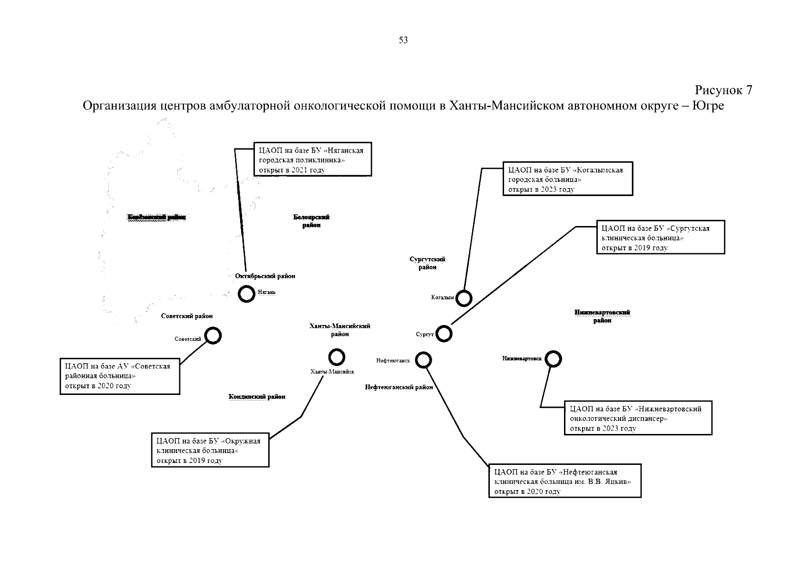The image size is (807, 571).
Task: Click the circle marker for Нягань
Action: pyautogui.click(x=246, y=294)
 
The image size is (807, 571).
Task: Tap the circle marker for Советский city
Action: pyautogui.click(x=213, y=335)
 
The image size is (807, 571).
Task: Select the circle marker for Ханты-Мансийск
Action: pyautogui.click(x=337, y=357)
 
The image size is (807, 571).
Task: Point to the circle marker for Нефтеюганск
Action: pyautogui.click(x=423, y=360)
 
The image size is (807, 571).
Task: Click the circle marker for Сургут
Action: pyautogui.click(x=444, y=334)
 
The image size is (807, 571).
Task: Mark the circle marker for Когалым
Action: pyautogui.click(x=464, y=298)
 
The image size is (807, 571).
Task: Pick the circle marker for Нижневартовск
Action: pyautogui.click(x=553, y=359)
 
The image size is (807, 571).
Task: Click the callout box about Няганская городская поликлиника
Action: pyautogui.click(x=312, y=159)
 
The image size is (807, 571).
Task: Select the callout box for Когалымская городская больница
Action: pyautogui.click(x=568, y=179)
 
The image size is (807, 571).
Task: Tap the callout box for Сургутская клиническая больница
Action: pyautogui.click(x=661, y=237)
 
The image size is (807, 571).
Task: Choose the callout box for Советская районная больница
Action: pyautogui.click(x=120, y=376)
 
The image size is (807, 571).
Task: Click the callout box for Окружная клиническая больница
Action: pyautogui.click(x=210, y=450)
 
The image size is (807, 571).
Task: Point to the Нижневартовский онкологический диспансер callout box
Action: pyautogui.click(x=638, y=418)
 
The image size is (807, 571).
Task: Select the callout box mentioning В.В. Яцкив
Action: pyautogui.click(x=565, y=481)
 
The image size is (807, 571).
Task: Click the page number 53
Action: pyautogui.click(x=403, y=40)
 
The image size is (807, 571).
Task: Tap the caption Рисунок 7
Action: pyautogui.click(x=723, y=90)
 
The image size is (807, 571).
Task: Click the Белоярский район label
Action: pyautogui.click(x=311, y=221)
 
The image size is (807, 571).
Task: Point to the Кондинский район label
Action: pyautogui.click(x=257, y=396)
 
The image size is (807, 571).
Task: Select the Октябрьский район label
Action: pyautogui.click(x=265, y=276)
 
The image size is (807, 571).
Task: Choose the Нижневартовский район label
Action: pyautogui.click(x=602, y=316)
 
